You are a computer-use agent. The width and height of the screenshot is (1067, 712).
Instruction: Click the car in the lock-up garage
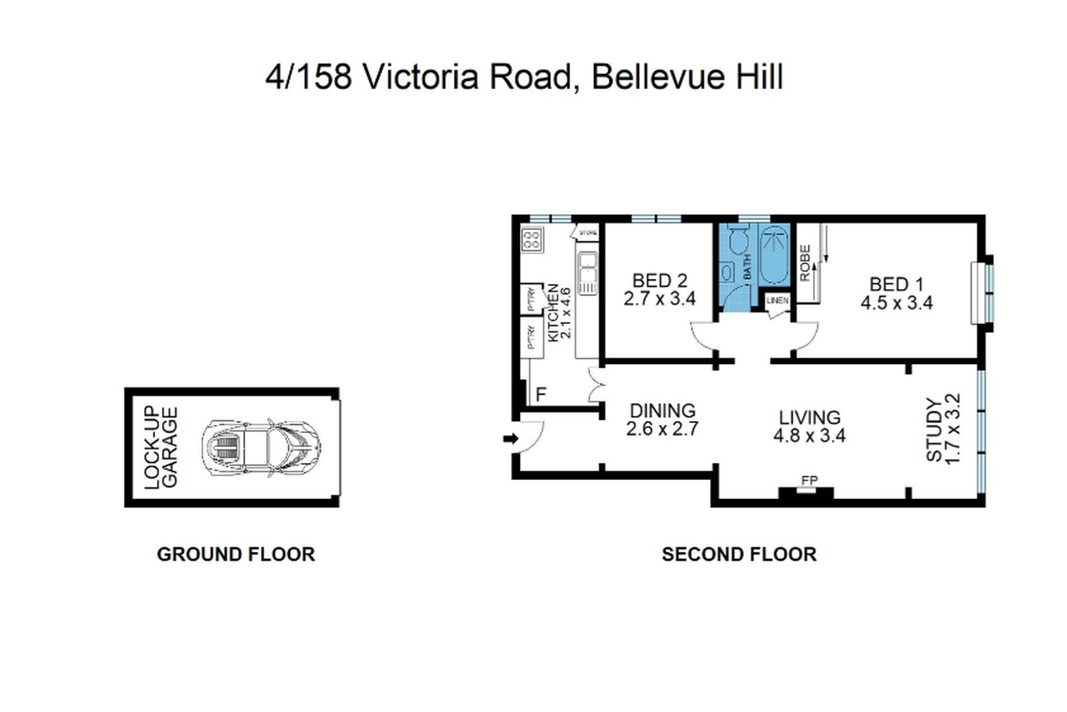[x=261, y=448]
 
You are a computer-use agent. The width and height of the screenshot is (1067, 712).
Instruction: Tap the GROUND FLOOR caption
[x=235, y=555]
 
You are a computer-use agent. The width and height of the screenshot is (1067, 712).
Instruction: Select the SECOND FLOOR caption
[x=739, y=555]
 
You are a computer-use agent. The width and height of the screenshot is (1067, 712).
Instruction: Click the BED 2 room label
[x=659, y=281]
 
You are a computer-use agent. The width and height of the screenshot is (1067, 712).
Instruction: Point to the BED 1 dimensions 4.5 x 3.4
[x=896, y=303]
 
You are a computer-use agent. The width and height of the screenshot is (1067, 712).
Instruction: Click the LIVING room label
[x=809, y=418]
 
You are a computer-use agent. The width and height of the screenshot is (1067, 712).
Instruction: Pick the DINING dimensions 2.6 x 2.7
[x=662, y=429]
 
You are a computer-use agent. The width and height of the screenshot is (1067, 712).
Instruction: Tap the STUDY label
[x=934, y=429]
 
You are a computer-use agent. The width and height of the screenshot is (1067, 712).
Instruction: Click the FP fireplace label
[x=809, y=480]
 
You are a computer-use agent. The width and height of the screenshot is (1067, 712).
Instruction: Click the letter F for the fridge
[x=541, y=394]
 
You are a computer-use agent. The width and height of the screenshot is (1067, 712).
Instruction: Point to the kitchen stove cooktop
[x=532, y=240]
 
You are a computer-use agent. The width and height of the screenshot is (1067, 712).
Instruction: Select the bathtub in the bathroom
[x=774, y=255]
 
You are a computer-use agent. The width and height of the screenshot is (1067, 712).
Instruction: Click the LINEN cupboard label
[x=777, y=300]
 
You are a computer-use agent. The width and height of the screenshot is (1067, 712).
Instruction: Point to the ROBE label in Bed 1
[x=805, y=263]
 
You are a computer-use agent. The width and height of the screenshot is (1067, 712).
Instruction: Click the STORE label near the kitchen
[x=588, y=234]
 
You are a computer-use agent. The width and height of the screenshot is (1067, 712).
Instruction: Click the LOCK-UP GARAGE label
[x=161, y=448]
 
